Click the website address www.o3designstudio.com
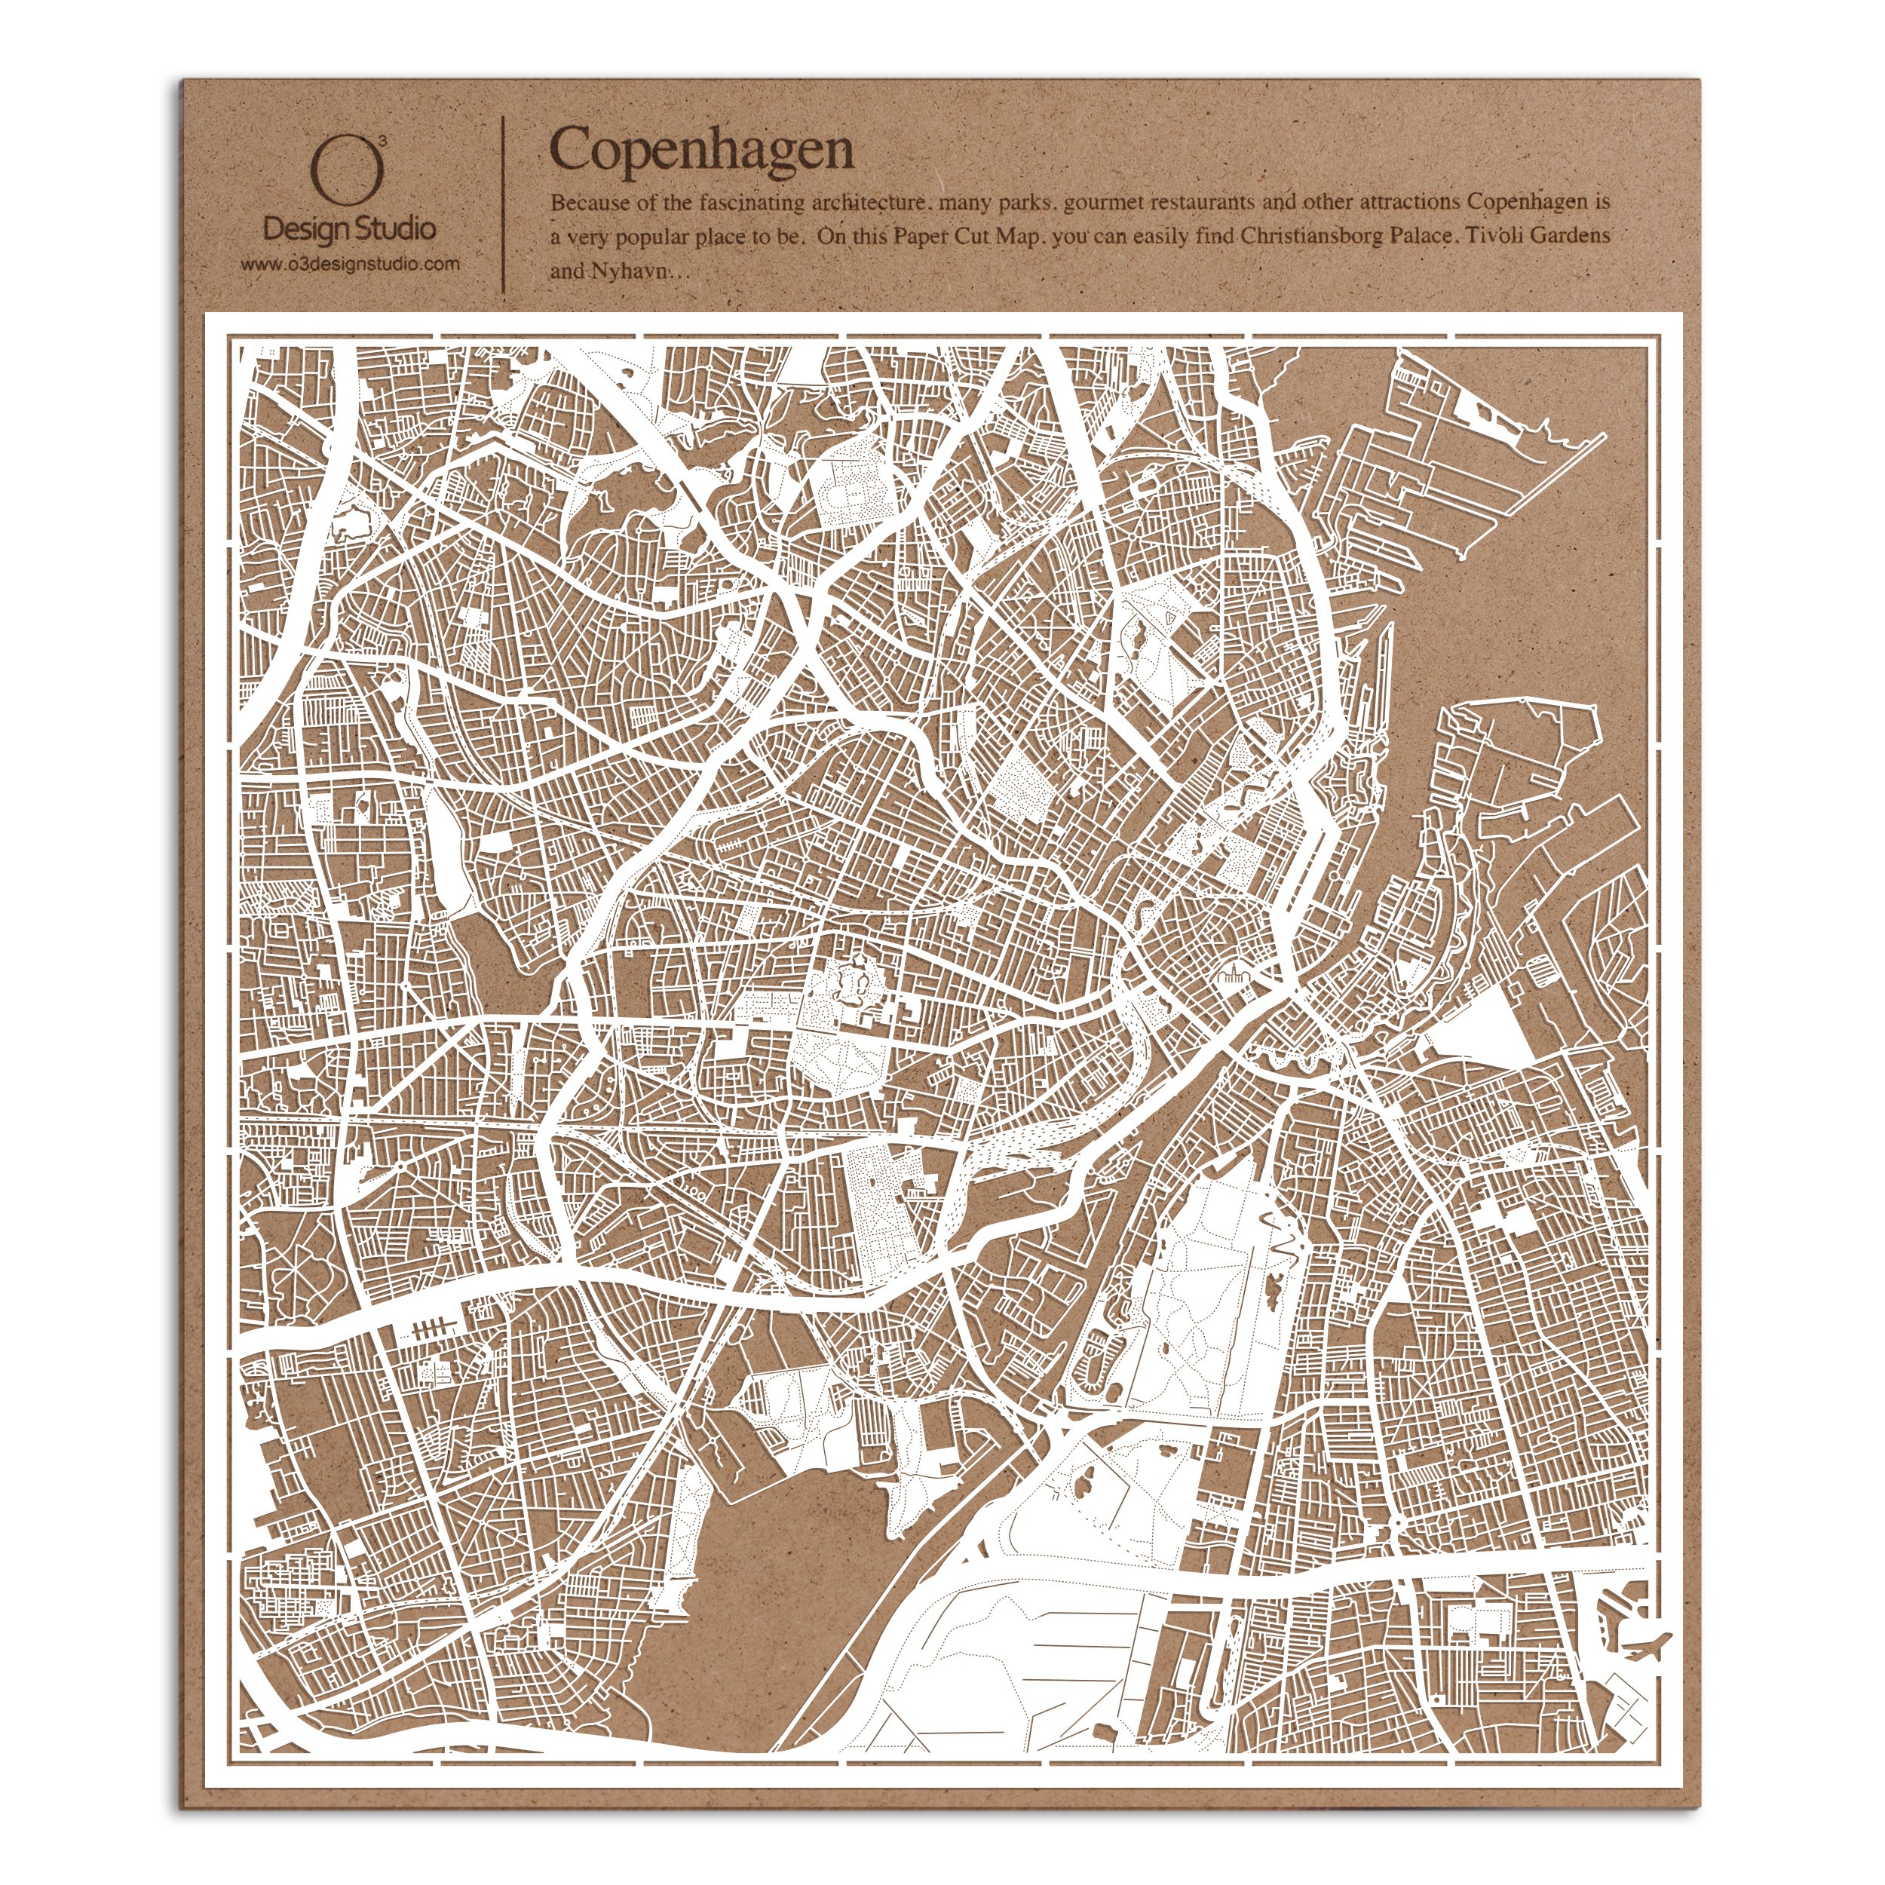351,263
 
